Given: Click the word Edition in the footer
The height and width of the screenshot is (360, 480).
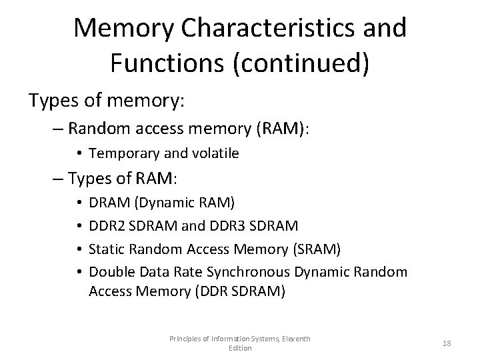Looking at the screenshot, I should coord(239,348).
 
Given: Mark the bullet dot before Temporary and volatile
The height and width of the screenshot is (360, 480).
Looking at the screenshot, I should coord(79,154).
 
